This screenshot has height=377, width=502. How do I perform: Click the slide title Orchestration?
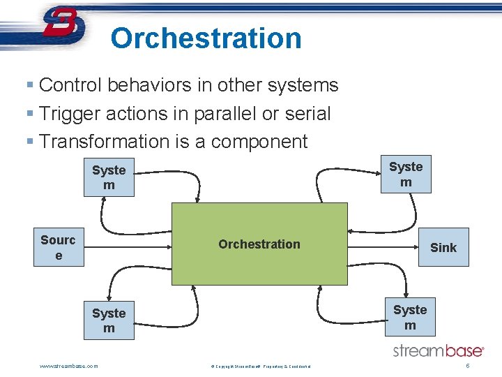206,38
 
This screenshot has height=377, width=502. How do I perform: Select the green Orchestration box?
259,244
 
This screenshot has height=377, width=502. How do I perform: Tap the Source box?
58,248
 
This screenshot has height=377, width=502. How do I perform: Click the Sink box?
443,248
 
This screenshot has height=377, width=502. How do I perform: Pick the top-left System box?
109,177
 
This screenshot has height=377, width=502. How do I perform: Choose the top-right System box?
406,175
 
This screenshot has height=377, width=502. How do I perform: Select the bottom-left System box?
109,320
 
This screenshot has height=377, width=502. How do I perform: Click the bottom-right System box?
410,318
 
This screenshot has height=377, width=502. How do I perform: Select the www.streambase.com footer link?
69,366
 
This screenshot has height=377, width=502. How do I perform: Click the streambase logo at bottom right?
438,350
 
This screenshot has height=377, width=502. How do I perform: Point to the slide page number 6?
467,366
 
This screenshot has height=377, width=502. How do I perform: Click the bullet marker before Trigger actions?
29,113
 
